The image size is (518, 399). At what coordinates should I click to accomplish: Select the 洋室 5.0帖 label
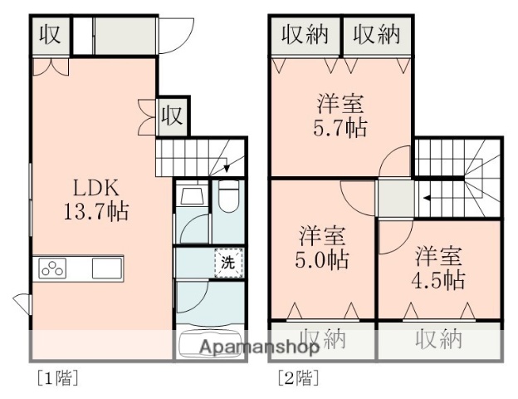click(x=323, y=248)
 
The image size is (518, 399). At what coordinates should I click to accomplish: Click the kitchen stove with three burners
click(x=53, y=268)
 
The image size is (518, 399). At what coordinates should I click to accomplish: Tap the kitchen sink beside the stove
click(x=105, y=268)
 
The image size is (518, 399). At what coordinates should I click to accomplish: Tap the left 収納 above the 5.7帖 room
click(x=305, y=34)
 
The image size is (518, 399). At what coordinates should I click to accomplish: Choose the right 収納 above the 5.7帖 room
click(x=377, y=34)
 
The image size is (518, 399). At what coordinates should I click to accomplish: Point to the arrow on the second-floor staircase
click(x=426, y=199)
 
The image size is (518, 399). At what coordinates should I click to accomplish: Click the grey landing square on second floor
click(x=395, y=199)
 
